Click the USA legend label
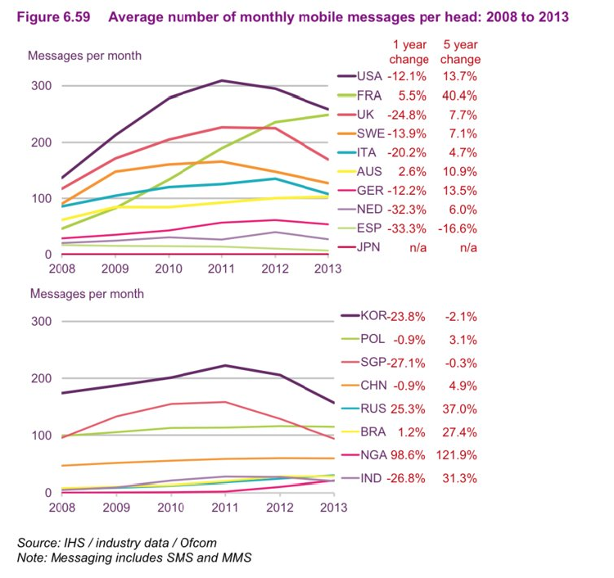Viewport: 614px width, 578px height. (369, 76)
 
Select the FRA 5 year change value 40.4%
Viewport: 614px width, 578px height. (459, 96)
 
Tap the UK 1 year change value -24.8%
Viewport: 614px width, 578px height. (407, 115)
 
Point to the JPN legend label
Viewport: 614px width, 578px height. (368, 247)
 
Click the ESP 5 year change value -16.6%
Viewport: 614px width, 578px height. (458, 228)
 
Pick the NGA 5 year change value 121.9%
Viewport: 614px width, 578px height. (457, 455)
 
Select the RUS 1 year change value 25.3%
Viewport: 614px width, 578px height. (408, 409)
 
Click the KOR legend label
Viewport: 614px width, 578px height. (373, 316)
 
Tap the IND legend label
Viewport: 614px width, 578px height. (371, 478)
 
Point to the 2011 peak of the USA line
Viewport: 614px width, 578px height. (222, 81)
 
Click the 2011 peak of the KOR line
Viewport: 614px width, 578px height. (225, 365)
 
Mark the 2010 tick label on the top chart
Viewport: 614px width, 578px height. (169, 269)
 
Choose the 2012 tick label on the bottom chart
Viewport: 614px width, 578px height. (280, 508)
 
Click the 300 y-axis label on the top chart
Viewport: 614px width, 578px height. (42, 86)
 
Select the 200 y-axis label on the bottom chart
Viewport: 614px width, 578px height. (42, 378)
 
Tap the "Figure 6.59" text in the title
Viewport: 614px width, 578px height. (54, 17)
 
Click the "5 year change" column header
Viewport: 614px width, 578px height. (460, 52)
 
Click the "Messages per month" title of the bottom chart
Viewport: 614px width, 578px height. (87, 294)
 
